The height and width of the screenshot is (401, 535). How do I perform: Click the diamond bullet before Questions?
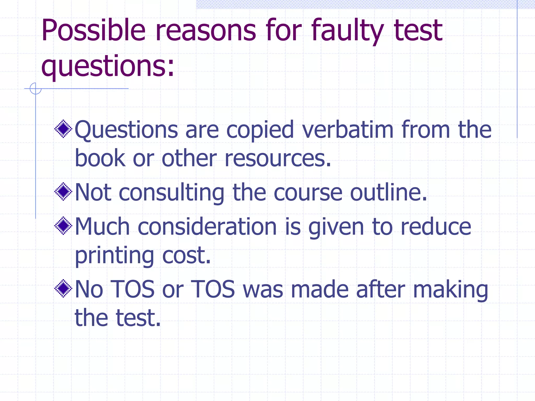[x=63, y=129]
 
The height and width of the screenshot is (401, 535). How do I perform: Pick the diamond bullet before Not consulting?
[x=63, y=192]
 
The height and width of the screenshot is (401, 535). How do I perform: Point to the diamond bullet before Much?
[x=63, y=226]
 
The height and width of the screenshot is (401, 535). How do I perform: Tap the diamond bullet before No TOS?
[x=63, y=288]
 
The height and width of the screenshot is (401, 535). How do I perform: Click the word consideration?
[x=207, y=227]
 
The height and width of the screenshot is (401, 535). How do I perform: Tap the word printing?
[x=114, y=256]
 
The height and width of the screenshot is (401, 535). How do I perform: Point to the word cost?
[x=186, y=256]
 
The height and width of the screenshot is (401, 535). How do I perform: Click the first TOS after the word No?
[x=133, y=289]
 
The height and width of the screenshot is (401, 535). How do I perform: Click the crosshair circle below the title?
[x=36, y=88]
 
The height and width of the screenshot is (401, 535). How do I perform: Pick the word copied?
[x=260, y=130]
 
